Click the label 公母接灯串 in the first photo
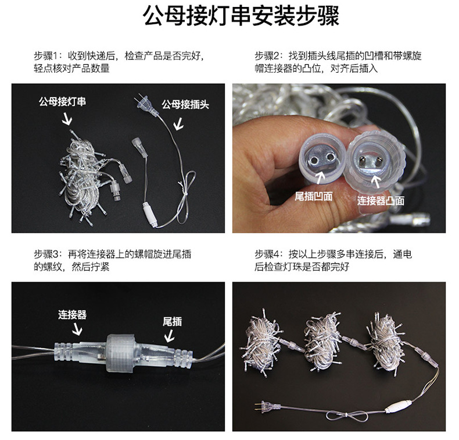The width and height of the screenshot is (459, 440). click(x=63, y=101)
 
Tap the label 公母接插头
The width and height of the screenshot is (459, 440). click(x=185, y=105)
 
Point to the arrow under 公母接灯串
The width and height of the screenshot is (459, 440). click(x=67, y=119)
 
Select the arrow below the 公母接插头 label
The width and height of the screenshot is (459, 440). click(x=178, y=123)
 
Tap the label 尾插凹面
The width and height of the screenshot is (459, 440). click(x=314, y=196)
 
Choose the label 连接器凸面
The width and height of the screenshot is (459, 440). click(x=381, y=200)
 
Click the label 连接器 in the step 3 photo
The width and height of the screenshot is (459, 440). click(x=72, y=314)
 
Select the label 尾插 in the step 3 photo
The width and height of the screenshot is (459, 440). click(x=172, y=321)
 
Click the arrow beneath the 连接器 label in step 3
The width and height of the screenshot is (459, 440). click(x=76, y=330)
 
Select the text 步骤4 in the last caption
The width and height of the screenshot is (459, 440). click(x=268, y=254)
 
